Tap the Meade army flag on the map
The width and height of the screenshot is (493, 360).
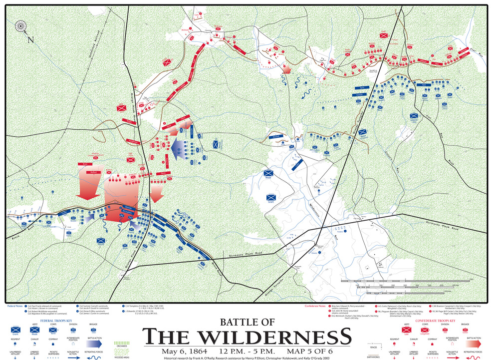(x=269, y=174)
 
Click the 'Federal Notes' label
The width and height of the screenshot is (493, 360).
(x=14, y=306)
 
